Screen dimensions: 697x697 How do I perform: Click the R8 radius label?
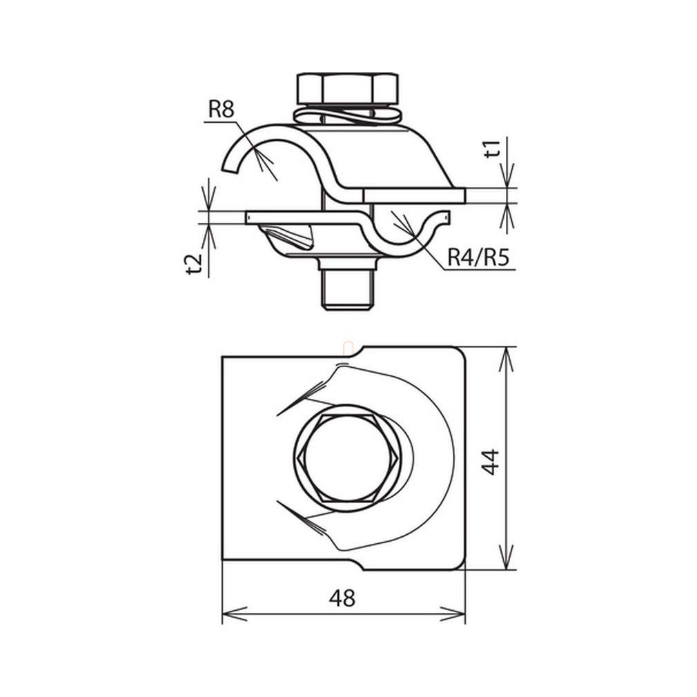point(222,109)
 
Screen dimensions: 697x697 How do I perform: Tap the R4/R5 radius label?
point(478,257)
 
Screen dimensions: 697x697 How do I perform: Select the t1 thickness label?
point(493,148)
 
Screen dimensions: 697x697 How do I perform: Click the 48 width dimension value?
point(342,598)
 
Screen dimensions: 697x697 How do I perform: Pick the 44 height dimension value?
point(491,462)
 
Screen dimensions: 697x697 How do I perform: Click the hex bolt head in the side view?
point(347,89)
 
